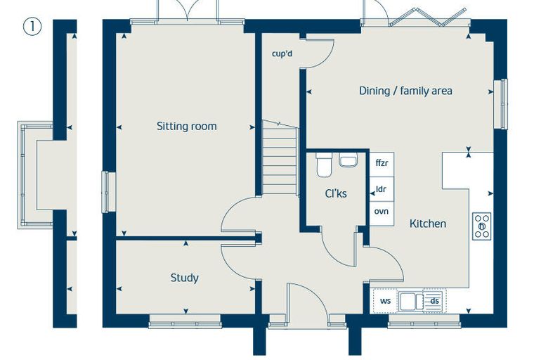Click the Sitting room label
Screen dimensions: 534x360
[x=187, y=126]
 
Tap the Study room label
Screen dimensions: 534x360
[x=185, y=278]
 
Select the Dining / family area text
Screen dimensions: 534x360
[x=405, y=91]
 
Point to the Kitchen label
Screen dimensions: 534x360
[x=428, y=224]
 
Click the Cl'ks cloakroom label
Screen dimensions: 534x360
[x=336, y=193]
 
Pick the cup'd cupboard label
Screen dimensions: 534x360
[x=282, y=53]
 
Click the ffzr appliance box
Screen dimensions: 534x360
[x=382, y=164]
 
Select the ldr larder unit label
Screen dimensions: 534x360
[x=381, y=189]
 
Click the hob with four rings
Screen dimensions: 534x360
[x=482, y=226]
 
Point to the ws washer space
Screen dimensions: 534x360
[x=385, y=301]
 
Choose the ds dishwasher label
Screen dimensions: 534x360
[x=434, y=301]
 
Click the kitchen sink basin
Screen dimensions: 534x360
[x=411, y=301]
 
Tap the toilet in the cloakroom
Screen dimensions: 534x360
[x=324, y=165]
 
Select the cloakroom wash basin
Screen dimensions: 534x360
[x=348, y=160]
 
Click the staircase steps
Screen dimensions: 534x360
[x=280, y=157]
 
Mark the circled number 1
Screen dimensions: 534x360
[x=32, y=27]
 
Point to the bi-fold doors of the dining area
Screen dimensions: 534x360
[x=428, y=18]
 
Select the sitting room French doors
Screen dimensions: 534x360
[x=188, y=12]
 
